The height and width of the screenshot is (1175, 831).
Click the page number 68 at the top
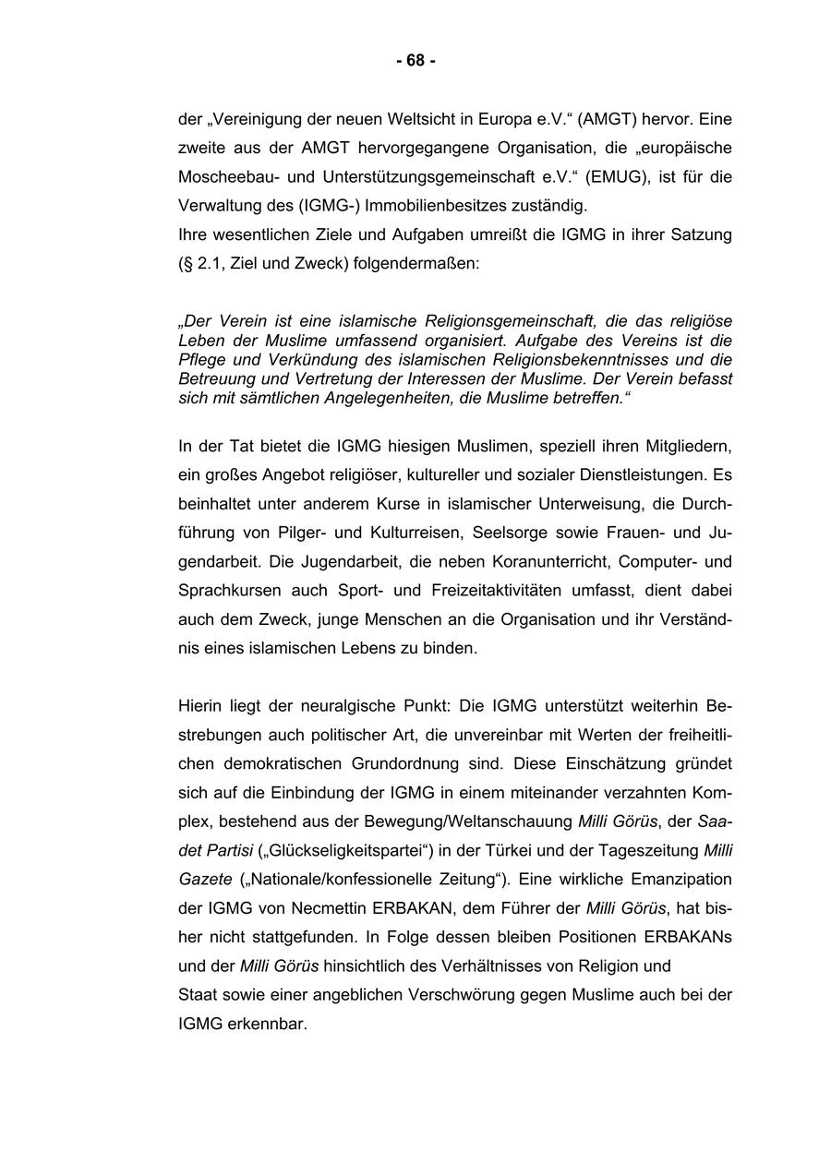[415, 61]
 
